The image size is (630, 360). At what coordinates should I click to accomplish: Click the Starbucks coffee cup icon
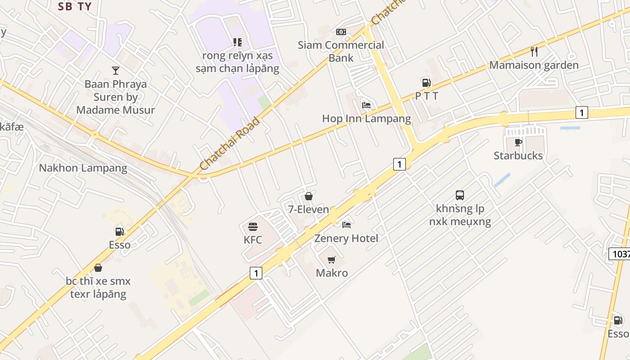tap(518, 142)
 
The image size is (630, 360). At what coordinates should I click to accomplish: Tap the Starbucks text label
tap(518, 156)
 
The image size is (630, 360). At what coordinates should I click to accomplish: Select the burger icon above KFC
tap(253, 226)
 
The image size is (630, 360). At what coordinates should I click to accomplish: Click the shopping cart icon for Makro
tap(332, 260)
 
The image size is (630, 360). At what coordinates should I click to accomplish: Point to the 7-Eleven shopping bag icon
tap(309, 196)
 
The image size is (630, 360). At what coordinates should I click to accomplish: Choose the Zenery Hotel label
tap(346, 238)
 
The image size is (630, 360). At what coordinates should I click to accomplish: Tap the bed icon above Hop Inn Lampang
tap(366, 105)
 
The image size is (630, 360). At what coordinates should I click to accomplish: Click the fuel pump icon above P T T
tap(426, 82)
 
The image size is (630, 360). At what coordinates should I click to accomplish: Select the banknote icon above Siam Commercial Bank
tap(341, 32)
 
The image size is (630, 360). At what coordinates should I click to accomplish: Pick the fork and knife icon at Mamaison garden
tap(534, 52)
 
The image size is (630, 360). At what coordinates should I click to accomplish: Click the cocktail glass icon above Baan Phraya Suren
tap(116, 70)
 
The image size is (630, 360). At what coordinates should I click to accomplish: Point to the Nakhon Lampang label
tap(83, 168)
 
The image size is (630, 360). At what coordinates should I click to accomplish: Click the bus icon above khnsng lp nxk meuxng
tap(460, 195)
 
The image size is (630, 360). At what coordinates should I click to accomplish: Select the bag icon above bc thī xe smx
tap(98, 268)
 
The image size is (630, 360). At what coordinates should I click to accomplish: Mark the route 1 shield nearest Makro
tap(256, 273)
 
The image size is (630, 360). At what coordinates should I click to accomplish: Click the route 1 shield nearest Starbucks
tap(581, 112)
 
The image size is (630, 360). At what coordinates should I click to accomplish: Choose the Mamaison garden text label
tap(534, 65)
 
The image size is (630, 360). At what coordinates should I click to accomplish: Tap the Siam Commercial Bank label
tap(341, 51)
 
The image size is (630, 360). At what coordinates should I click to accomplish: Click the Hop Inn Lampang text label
tap(366, 119)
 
